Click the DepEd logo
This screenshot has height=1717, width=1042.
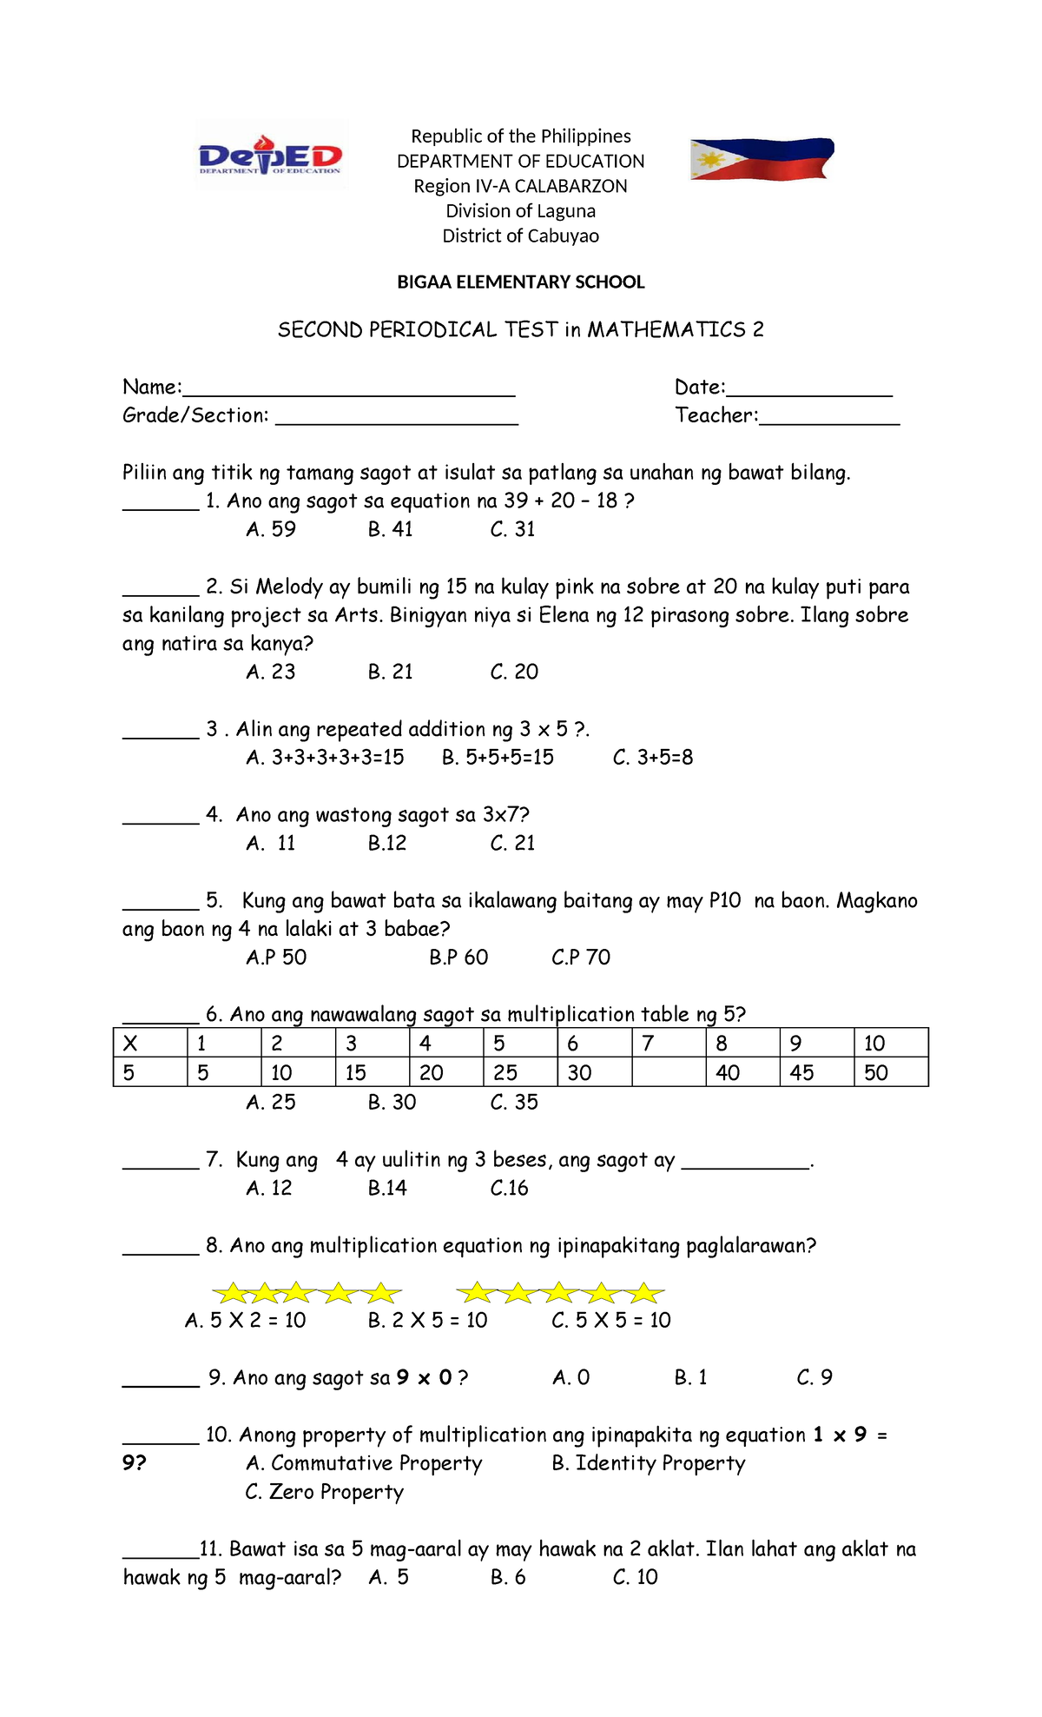pyautogui.click(x=271, y=156)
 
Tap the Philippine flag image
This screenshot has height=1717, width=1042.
pyautogui.click(x=762, y=159)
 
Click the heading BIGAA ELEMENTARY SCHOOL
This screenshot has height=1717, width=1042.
pyautogui.click(x=520, y=282)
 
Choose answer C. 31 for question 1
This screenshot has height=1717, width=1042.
pyautogui.click(x=512, y=529)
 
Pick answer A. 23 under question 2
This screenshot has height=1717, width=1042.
pyautogui.click(x=271, y=672)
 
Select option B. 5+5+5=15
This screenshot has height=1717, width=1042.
pyautogui.click(x=498, y=758)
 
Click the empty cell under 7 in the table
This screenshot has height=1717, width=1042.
pyautogui.click(x=669, y=1072)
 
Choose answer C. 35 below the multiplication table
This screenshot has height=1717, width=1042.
pyautogui.click(x=514, y=1103)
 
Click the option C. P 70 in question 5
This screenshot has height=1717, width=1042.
pyautogui.click(x=581, y=958)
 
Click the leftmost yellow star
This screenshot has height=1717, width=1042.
pyautogui.click(x=231, y=1294)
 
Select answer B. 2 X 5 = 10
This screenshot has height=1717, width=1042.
pyautogui.click(x=427, y=1321)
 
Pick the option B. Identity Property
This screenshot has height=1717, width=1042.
pyautogui.click(x=649, y=1463)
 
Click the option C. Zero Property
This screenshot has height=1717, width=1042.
pyautogui.click(x=325, y=1492)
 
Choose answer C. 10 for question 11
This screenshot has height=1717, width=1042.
pyautogui.click(x=635, y=1577)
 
